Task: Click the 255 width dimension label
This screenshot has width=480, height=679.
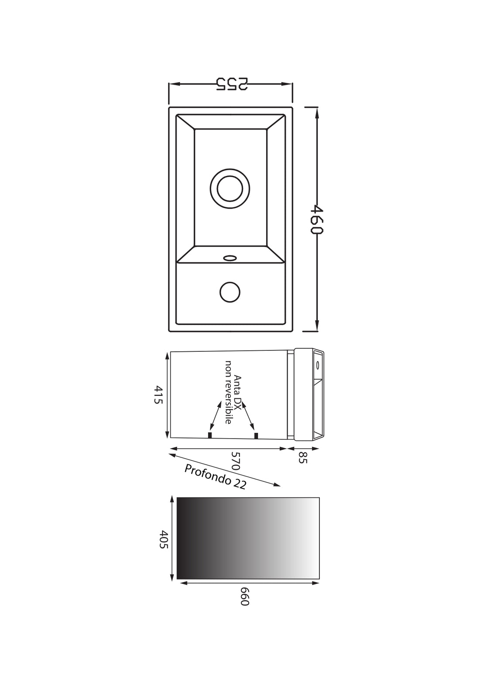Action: [x=231, y=84]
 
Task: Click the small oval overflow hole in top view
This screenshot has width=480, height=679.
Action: [x=230, y=258]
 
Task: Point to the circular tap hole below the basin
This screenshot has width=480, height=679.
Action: [x=230, y=292]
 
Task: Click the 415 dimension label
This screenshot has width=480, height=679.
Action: [x=158, y=394]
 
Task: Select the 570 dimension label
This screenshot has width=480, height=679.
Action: [x=236, y=460]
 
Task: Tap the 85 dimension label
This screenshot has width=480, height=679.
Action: [x=302, y=457]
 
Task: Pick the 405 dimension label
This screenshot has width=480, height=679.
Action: [x=164, y=539]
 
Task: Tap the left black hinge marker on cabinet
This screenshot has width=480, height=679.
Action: [x=210, y=435]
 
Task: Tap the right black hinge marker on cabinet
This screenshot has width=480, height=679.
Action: [x=256, y=435]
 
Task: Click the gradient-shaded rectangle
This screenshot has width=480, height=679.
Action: [x=248, y=538]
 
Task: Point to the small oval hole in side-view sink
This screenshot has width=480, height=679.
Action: [x=318, y=364]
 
